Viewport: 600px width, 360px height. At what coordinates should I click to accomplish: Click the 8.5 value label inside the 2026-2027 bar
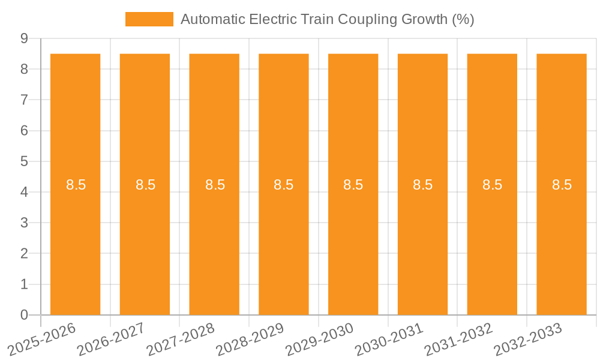click(x=145, y=185)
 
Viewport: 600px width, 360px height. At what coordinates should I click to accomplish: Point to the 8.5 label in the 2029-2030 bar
click(x=353, y=185)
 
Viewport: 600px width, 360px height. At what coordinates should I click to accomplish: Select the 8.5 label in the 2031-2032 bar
click(x=492, y=185)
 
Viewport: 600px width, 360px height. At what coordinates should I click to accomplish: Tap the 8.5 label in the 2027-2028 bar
click(x=215, y=185)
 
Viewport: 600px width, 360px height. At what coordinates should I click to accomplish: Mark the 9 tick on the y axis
click(x=25, y=38)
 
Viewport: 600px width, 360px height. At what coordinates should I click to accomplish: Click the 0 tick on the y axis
click(x=25, y=315)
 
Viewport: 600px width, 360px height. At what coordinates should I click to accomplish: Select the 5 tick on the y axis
click(x=25, y=161)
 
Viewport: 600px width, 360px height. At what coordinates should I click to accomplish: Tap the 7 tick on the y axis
click(x=25, y=100)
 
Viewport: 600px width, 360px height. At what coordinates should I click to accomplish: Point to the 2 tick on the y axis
click(x=25, y=254)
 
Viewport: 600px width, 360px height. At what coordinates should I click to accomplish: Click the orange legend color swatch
click(x=149, y=19)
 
